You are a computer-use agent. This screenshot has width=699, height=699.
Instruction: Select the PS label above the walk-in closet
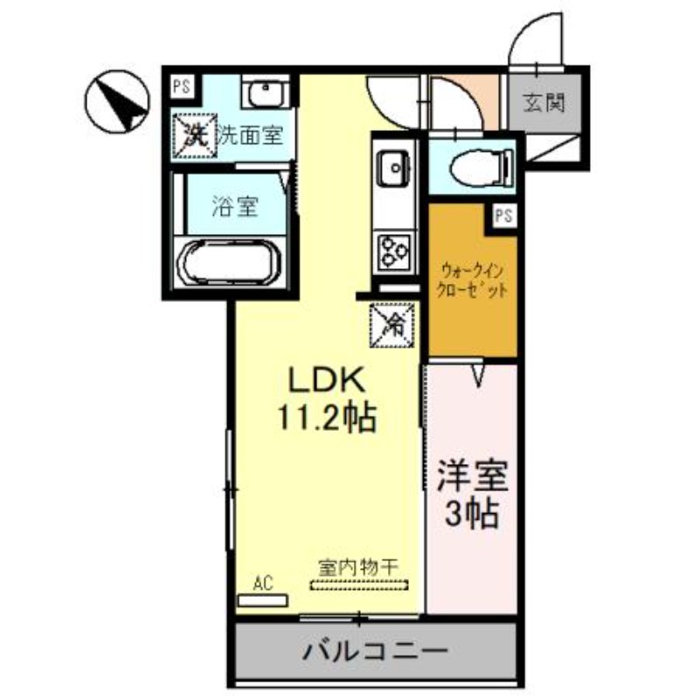[x=502, y=215]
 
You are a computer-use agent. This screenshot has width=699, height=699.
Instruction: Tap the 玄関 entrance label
[x=543, y=103]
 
